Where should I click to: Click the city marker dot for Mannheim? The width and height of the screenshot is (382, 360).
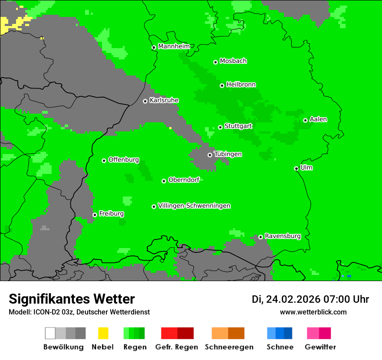pos(154,48)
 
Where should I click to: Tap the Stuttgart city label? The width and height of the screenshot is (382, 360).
pos(239,126)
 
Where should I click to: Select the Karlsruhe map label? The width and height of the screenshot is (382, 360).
pos(164,100)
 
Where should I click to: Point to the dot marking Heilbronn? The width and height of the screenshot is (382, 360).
pos(222,85)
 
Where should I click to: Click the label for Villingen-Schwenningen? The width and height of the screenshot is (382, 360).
pos(194,206)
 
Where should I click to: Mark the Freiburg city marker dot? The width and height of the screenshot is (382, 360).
pos(95,215)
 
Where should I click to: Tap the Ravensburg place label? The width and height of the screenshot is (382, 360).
pos(283,236)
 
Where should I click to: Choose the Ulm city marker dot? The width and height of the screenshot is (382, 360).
pos(296,168)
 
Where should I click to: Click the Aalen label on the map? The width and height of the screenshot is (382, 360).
pos(318,119)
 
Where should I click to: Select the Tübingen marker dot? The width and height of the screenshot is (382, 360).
pos(210,155)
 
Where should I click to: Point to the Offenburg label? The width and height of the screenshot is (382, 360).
pos(124,160)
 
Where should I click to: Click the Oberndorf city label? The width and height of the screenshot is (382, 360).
pos(184,180)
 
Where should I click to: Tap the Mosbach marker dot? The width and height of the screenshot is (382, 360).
pos(215,62)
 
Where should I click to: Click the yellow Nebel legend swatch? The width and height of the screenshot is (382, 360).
pos(103,333)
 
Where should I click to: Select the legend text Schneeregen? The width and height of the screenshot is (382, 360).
pos(229,347)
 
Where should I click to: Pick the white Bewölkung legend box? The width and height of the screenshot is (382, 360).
pos(50,333)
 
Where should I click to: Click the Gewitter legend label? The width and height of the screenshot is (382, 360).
pos(320,347)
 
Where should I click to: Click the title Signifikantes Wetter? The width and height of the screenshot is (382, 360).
pos(72,299)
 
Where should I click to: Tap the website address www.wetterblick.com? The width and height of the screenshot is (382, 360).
pos(313,312)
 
